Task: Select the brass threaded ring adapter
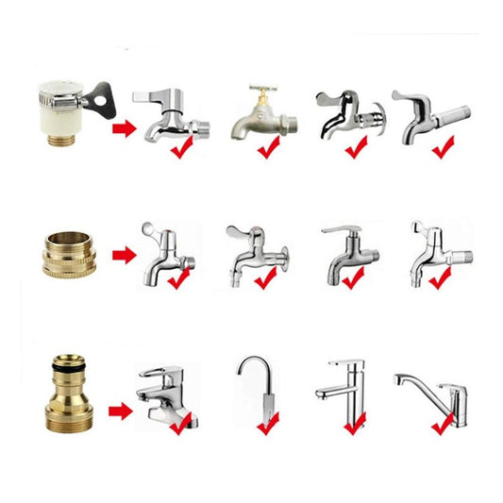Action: pyautogui.click(x=66, y=251)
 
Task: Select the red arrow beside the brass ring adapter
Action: pyautogui.click(x=123, y=254)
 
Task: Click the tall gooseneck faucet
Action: pyautogui.click(x=260, y=382)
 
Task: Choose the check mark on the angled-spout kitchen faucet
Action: pyautogui.click(x=442, y=423)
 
